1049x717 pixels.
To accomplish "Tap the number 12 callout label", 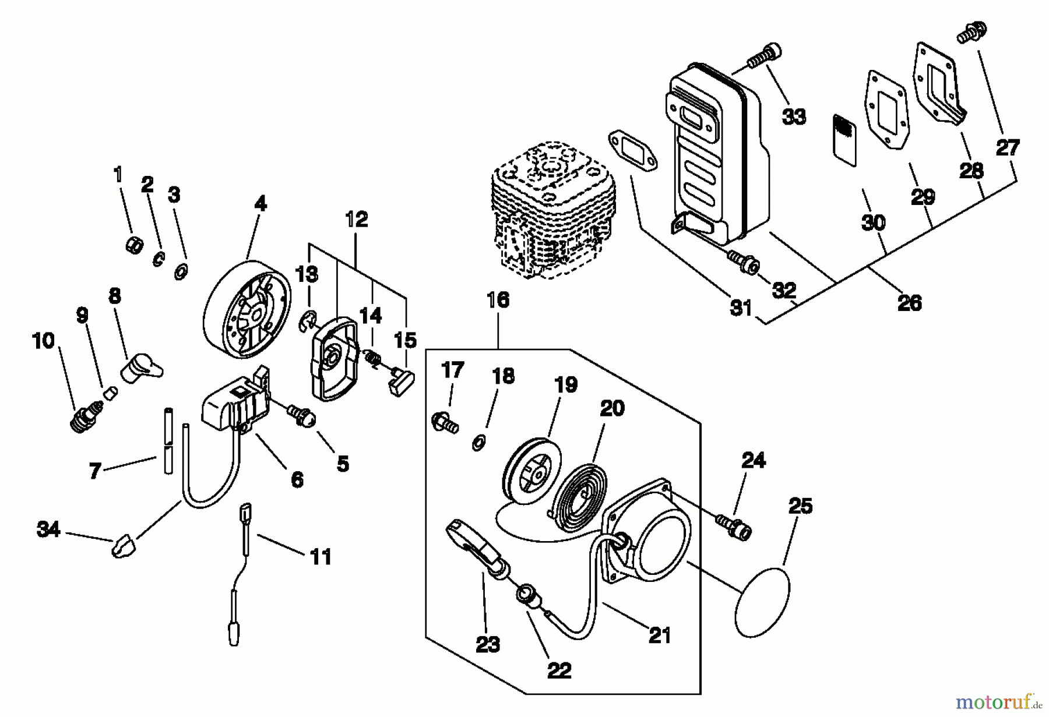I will tap(357, 220).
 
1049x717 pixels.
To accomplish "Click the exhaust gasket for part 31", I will tap(633, 151).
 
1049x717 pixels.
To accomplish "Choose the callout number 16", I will tap(498, 301).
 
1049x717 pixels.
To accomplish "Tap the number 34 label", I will tap(48, 529).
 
